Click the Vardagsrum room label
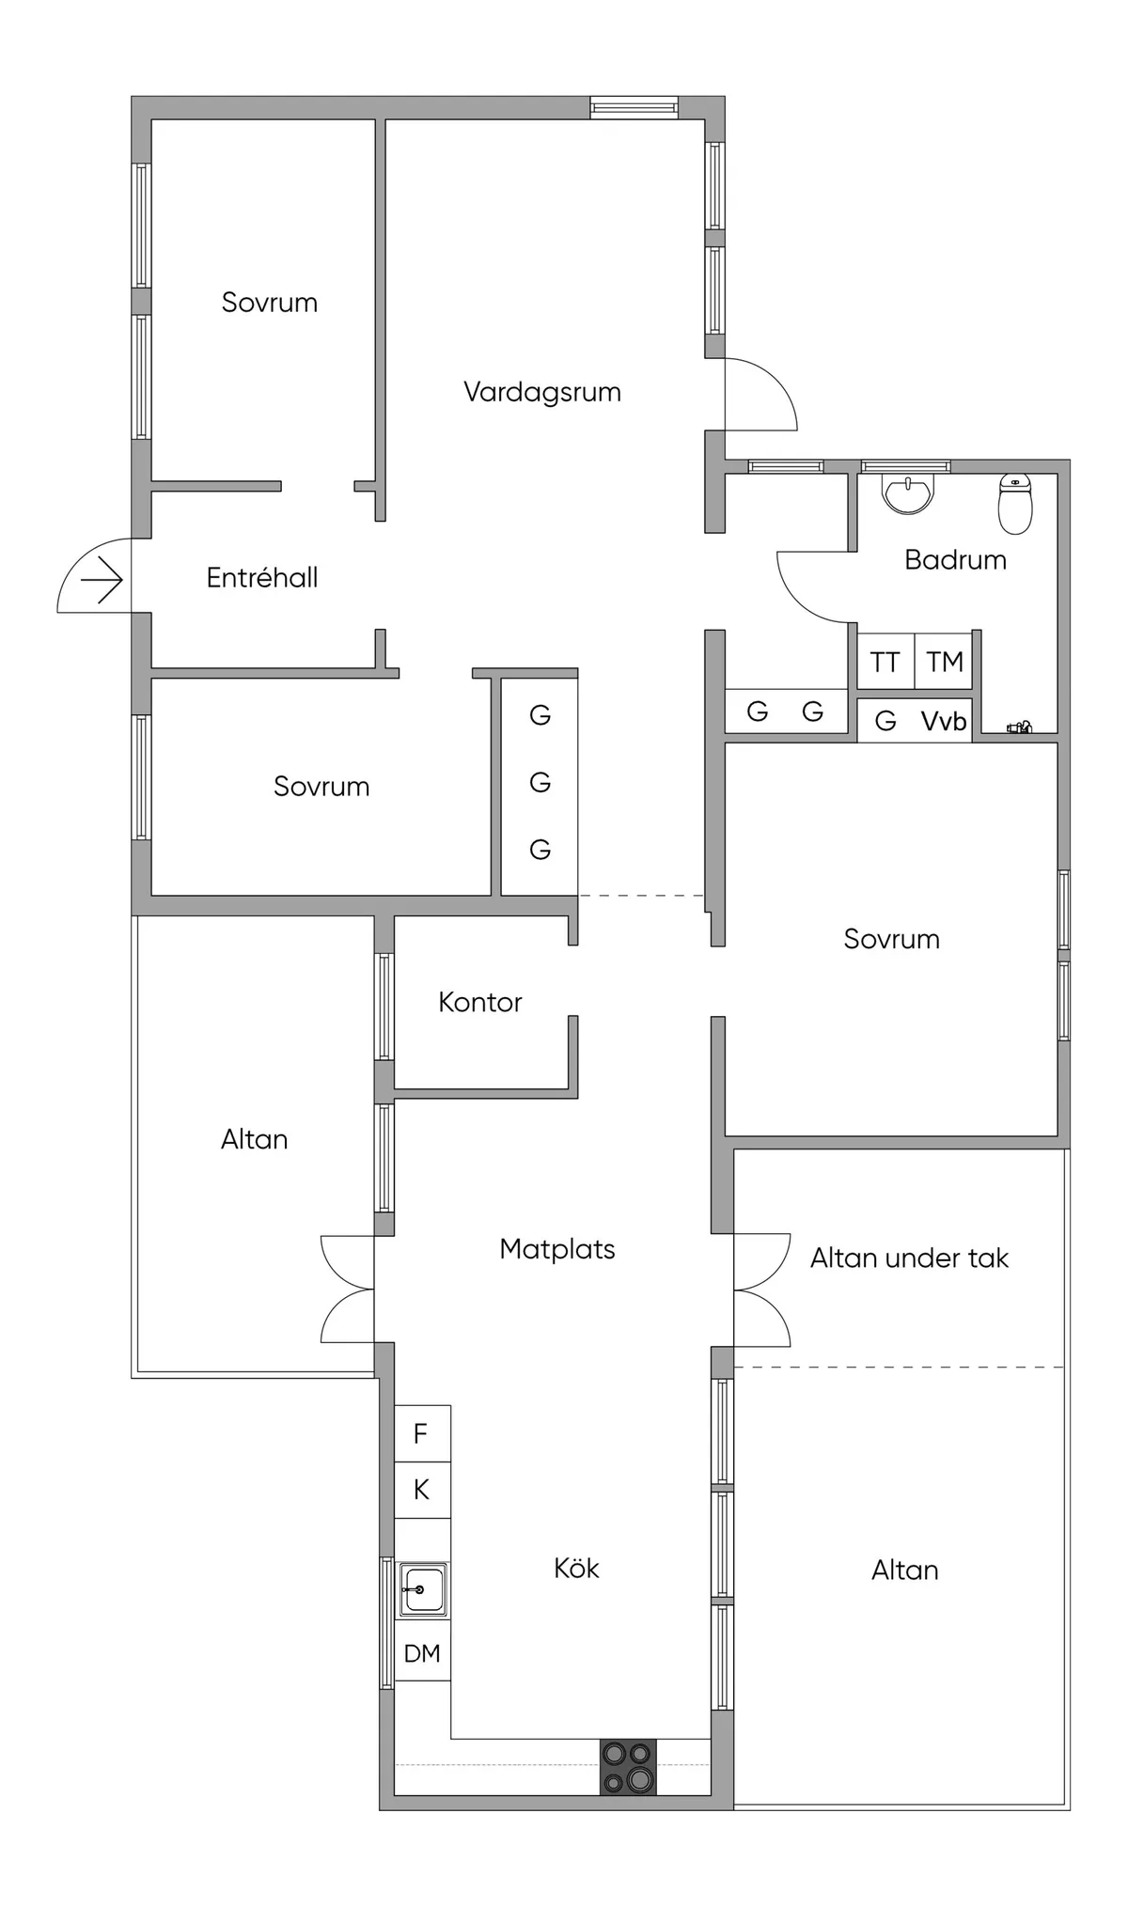pos(542,392)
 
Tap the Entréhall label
pos(262,577)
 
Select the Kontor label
pos(479,1002)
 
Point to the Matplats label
pos(557,1249)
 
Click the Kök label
pos(576,1568)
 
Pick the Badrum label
pos(955,560)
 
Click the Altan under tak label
pos(909,1258)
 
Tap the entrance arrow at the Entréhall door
pos(102,580)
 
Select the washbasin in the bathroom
pos(908,492)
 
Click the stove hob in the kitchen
pos(628,1767)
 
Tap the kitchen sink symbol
pos(422,1589)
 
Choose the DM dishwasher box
pos(422,1653)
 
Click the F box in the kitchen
pos(421,1433)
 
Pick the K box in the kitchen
pos(421,1490)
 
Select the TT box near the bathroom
pos(885,663)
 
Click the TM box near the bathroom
pos(944,663)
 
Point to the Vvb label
pos(944,722)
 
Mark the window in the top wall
pos(634,107)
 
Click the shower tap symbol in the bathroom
pos(1019,727)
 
